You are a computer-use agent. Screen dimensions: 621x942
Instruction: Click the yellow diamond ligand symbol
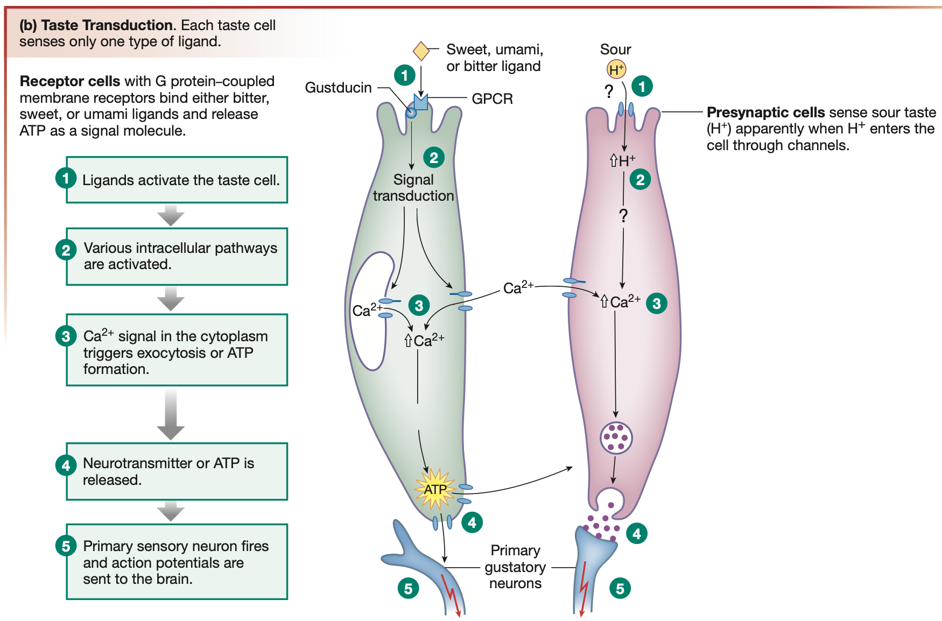coord(421,51)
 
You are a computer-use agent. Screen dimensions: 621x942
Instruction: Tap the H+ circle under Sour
coord(616,69)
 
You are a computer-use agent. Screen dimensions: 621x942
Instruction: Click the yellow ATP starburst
coord(435,489)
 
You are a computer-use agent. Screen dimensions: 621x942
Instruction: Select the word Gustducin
coord(338,88)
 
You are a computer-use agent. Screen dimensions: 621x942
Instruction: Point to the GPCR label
coord(492,99)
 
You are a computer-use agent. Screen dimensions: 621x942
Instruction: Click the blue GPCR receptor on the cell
coord(420,102)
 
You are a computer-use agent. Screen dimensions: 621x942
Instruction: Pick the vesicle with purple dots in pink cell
coord(616,438)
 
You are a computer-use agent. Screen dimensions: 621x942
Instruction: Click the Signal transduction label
coord(413,188)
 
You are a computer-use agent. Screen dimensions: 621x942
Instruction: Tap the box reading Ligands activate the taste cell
coord(177,180)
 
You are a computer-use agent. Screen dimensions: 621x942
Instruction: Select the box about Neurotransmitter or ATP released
coord(177,471)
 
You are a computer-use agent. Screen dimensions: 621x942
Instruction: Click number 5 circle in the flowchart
coord(66,546)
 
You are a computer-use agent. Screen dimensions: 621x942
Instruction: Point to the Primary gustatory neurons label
coord(515,567)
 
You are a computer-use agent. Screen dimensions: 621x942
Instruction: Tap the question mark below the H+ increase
coord(623,216)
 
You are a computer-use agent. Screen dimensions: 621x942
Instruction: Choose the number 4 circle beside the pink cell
coord(637,534)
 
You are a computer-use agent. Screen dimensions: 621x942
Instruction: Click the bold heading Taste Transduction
coord(107,25)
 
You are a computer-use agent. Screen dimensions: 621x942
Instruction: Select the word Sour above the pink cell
coord(615,50)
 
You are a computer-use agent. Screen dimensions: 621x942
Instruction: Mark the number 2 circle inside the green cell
coord(434,157)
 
